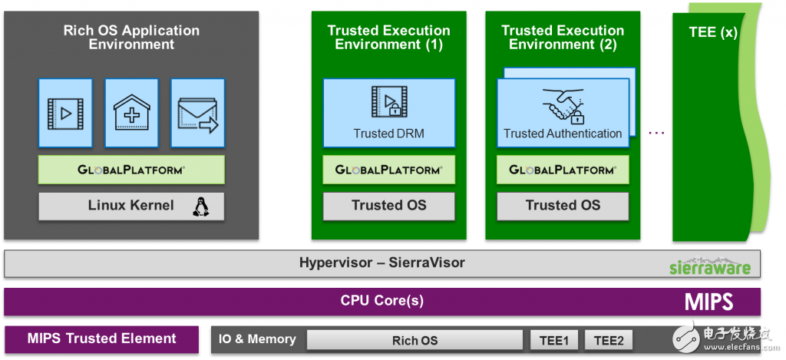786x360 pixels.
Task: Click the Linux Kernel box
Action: [131, 206]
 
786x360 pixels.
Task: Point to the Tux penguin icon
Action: [201, 206]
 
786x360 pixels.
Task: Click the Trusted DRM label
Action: [388, 134]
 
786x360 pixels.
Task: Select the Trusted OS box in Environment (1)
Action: [388, 206]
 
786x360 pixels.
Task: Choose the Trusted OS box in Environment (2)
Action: [563, 206]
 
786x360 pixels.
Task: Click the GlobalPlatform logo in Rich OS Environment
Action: [131, 170]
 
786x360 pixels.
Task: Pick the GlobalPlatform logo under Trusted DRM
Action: [388, 170]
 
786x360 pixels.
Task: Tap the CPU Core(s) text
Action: [381, 301]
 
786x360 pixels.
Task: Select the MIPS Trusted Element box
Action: [102, 339]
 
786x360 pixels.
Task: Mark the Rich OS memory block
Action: [414, 340]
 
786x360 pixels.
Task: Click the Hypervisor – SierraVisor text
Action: [381, 263]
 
